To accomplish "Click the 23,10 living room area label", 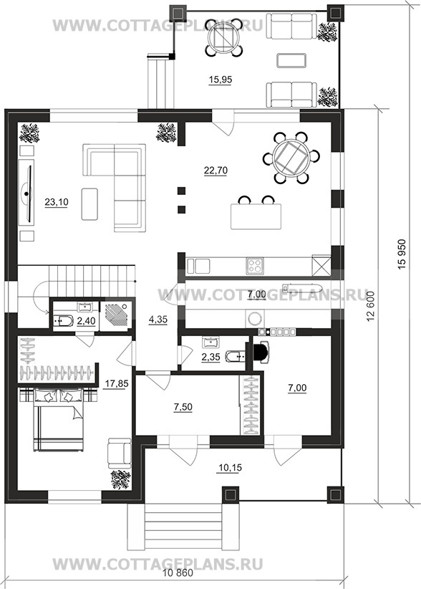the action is tap(57, 202).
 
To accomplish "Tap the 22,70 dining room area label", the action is tap(216, 171).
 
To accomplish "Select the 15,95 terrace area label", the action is tap(221, 80).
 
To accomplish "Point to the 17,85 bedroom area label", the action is tap(116, 383).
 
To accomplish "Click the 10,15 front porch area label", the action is tap(230, 468).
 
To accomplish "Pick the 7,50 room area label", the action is tap(183, 407).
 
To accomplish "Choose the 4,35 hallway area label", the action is tap(158, 320).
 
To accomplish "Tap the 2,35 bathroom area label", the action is tap(210, 356).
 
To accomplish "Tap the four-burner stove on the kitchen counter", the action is tap(255, 266).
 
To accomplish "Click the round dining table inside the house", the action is tap(291, 158).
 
